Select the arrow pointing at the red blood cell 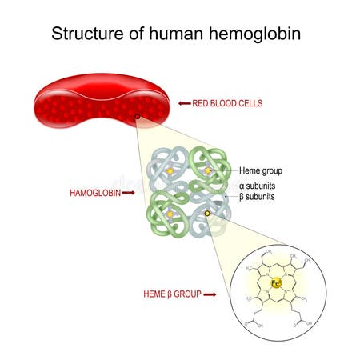[x=184, y=103]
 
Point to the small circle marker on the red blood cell [x=138, y=118]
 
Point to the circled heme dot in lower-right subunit [x=208, y=214]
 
